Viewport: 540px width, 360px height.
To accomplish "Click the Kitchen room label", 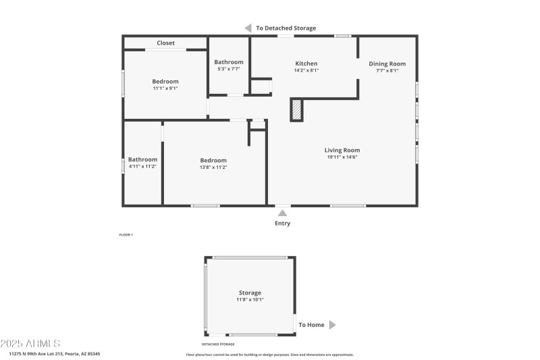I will coord(306,63).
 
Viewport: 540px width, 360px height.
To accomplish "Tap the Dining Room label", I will coord(387,63).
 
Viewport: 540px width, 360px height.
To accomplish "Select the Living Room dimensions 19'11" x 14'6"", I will coord(342,157).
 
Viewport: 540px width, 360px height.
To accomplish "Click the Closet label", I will coord(165,43).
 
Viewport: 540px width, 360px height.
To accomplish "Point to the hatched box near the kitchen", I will coord(296,109).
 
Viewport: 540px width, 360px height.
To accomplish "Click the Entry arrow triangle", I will coord(282,213).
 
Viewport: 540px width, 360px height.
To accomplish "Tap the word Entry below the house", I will coord(282,224).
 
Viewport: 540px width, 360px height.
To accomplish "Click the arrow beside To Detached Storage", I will coord(248,28).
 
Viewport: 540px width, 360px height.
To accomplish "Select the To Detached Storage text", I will coord(286,28).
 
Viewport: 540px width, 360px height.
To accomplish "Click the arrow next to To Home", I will coord(332,325).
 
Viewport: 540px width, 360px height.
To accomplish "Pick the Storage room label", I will coord(250,293).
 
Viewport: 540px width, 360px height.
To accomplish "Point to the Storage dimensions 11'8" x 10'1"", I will coord(250,299).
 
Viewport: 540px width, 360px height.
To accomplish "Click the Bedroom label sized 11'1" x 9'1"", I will coord(165,82).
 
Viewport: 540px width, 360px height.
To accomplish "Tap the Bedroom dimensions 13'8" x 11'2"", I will coord(213,167).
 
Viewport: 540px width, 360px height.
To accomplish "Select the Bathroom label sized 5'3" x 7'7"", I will coord(229,62).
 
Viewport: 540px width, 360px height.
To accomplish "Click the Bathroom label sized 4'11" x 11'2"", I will coord(142,159).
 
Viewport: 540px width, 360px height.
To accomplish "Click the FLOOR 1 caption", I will coord(126,234).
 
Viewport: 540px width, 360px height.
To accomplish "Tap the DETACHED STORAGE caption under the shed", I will coord(218,344).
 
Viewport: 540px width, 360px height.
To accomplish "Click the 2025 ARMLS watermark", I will coord(31,344).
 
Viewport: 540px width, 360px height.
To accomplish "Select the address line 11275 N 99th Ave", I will coord(54,353).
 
